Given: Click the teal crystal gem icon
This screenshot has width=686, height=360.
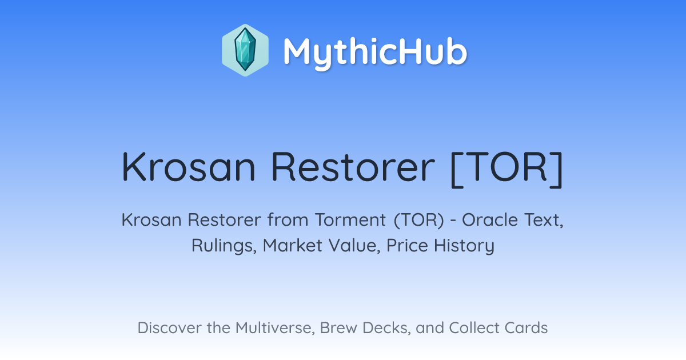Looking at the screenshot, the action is coord(245,50).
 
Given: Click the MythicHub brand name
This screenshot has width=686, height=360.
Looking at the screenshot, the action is coord(375,52).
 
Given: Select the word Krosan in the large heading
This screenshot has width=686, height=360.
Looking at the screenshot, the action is coord(189,167).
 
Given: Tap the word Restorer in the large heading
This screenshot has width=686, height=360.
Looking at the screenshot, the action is coord(353,167).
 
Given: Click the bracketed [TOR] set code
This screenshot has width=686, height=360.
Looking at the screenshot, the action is coord(507,169).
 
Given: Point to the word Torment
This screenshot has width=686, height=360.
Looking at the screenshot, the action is coord(350,220).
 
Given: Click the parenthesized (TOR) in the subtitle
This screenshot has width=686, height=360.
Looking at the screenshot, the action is coord(419,221).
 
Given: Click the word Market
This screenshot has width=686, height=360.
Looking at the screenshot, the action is coord(293,246).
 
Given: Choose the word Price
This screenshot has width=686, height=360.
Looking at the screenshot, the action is coord(407,246).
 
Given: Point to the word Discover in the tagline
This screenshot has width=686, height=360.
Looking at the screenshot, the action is coord(169,328).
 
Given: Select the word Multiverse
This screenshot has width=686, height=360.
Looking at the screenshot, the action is coord(276,328).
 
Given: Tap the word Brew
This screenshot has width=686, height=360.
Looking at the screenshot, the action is coord(338,328).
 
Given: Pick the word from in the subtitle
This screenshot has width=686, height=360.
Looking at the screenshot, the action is coord(288,220).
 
